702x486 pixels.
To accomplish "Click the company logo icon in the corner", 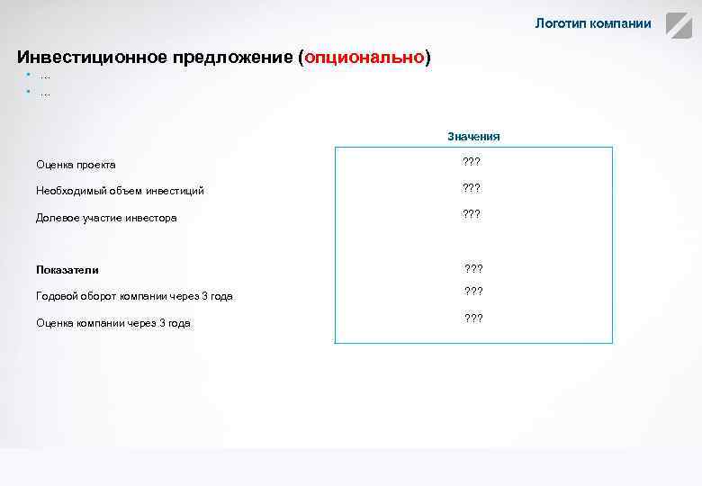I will pyautogui.click(x=678, y=25).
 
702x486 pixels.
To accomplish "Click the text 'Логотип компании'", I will pyautogui.click(x=592, y=23).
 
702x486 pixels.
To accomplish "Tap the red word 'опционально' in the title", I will pyautogui.click(x=364, y=58).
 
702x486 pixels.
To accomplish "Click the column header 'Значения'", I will pyautogui.click(x=473, y=137).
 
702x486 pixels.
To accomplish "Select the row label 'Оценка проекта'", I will pyautogui.click(x=76, y=165).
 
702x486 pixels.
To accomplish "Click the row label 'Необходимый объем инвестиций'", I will pyautogui.click(x=120, y=191).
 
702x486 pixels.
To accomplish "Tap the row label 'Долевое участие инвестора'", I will pyautogui.click(x=106, y=218).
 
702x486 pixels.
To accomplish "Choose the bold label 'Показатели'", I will pyautogui.click(x=67, y=270).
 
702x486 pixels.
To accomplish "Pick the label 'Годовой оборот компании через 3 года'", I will pyautogui.click(x=134, y=296).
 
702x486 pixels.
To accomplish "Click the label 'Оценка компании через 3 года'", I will pyautogui.click(x=113, y=323).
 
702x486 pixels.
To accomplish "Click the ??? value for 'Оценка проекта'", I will pyautogui.click(x=471, y=162).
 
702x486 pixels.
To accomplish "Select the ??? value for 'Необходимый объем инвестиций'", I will pyautogui.click(x=471, y=188).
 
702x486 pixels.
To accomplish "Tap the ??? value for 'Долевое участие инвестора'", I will pyautogui.click(x=471, y=214).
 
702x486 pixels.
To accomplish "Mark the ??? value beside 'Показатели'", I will pyautogui.click(x=473, y=268).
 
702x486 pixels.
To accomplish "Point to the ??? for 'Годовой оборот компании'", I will pyautogui.click(x=473, y=291).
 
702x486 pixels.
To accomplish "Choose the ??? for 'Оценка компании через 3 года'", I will pyautogui.click(x=473, y=318).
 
